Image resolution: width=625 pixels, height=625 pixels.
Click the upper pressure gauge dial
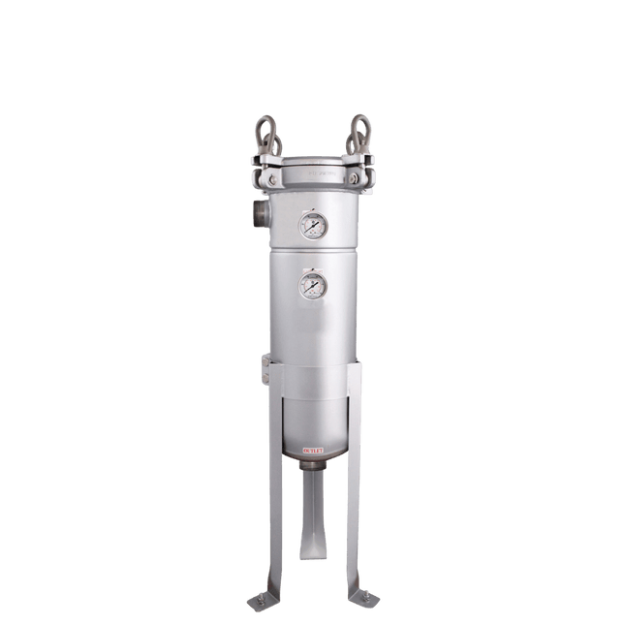(x=312, y=228)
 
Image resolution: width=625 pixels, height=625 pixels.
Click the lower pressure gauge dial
(x=312, y=287)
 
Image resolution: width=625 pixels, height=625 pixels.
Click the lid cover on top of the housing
(x=312, y=167)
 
